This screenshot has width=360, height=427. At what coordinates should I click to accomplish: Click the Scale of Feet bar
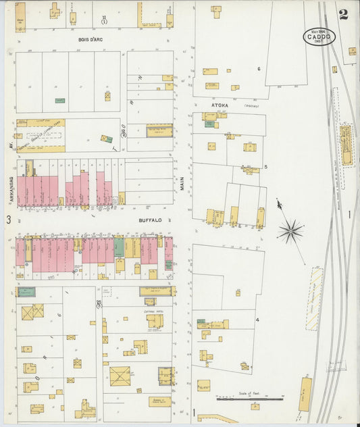pos(249,399)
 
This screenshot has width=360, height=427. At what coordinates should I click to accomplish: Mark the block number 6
pos(258,69)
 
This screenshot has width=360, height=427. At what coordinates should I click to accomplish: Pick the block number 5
pos(265,166)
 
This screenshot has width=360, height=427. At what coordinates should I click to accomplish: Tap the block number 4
pos(257,319)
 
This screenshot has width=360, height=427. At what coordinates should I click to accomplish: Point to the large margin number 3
pos(9,219)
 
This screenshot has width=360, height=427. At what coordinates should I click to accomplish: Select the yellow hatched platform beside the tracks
pos(313,299)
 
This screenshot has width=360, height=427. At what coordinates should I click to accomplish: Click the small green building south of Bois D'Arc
pos(60,101)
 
